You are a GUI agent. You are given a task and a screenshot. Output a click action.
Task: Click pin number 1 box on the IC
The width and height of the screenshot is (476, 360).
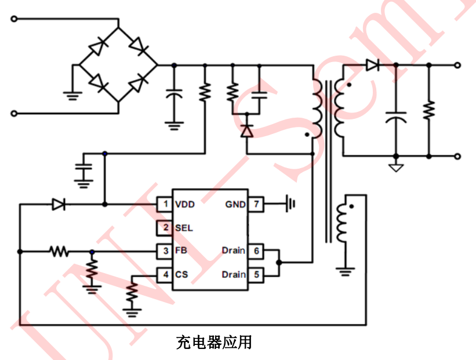click(165, 204)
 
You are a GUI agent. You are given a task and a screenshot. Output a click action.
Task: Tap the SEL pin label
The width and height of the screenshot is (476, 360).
click(184, 228)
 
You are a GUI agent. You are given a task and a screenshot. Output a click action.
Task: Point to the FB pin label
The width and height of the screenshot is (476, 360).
click(181, 251)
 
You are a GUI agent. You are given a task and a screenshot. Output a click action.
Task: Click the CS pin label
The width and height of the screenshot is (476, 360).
click(181, 274)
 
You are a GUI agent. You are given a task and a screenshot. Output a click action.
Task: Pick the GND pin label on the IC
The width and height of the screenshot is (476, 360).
click(235, 204)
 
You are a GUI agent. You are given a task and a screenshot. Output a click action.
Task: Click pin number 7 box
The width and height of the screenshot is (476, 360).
click(255, 204)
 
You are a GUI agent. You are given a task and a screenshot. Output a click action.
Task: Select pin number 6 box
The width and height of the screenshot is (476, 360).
click(255, 251)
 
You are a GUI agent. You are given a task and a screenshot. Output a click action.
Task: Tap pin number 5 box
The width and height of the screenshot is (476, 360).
click(255, 274)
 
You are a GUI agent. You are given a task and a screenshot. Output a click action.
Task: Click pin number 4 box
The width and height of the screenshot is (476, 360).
click(165, 274)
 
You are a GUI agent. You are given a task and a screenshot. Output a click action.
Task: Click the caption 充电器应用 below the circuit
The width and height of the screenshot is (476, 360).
click(214, 342)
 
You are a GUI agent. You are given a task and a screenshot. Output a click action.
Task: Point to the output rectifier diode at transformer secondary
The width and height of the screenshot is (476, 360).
click(372, 66)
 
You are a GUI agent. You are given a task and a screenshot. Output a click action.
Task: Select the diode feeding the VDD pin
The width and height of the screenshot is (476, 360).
click(58, 204)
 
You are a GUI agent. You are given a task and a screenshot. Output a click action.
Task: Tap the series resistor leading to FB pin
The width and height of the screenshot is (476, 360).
click(59, 252)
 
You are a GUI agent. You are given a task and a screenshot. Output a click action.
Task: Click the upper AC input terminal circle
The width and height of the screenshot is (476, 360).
click(14, 19)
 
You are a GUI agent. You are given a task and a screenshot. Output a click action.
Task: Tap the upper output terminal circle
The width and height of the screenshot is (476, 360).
click(458, 66)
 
